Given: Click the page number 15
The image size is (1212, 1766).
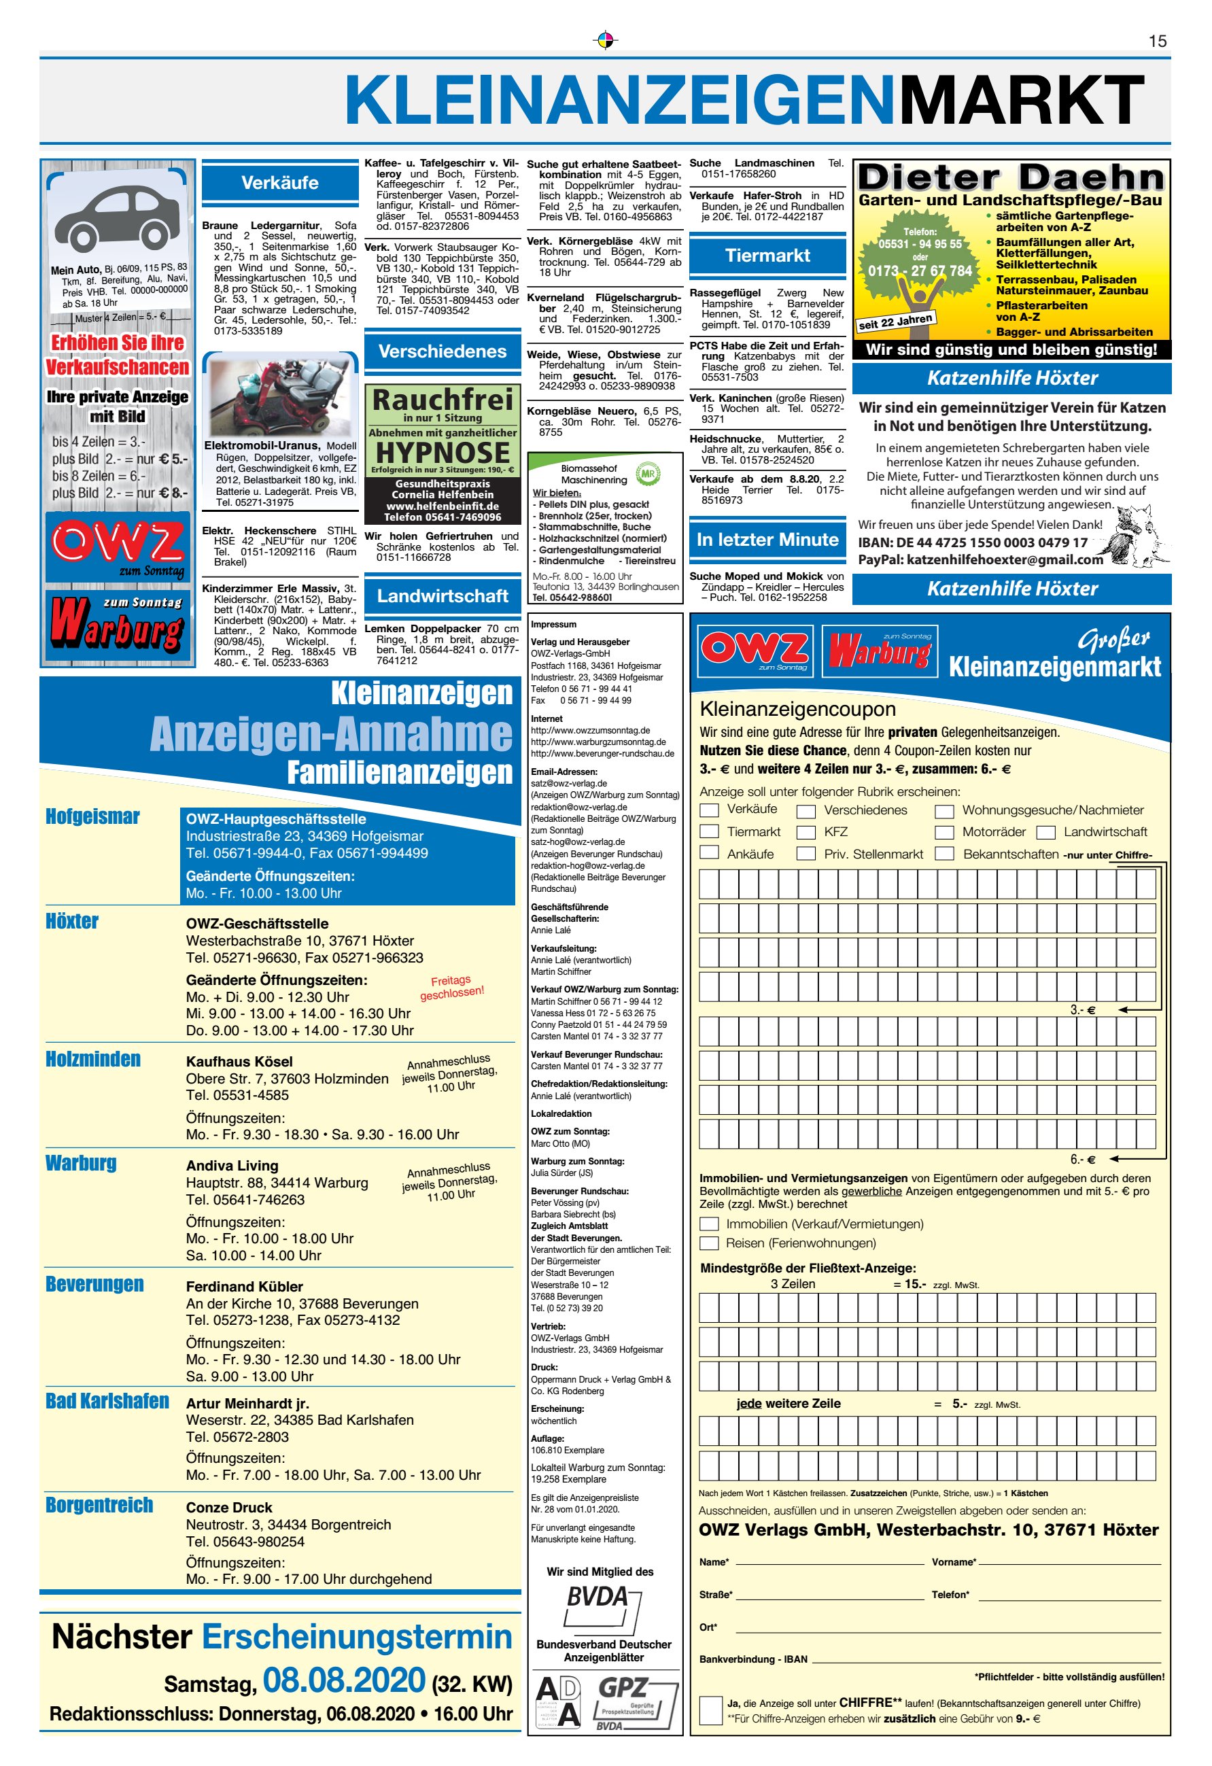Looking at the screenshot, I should click(x=1158, y=41).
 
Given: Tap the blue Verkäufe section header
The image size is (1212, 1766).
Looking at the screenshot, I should click(x=279, y=183).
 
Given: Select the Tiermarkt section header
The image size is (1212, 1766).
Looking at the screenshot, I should click(x=767, y=256).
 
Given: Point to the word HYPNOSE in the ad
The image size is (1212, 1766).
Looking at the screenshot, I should click(x=443, y=453).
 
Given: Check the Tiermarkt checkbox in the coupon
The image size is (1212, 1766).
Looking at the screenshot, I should click(x=709, y=831).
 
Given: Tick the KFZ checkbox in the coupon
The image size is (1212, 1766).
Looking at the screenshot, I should click(x=806, y=832).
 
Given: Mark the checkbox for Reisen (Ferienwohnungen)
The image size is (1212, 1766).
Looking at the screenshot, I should click(x=709, y=1243).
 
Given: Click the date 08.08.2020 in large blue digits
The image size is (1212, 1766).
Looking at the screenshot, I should click(x=344, y=1680).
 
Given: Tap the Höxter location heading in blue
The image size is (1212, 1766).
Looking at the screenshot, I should click(x=72, y=922).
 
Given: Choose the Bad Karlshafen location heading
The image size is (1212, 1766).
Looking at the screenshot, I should click(x=107, y=1401).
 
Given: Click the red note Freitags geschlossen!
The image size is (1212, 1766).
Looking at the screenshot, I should click(x=451, y=987).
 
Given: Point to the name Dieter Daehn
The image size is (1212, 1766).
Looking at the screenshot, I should click(x=1011, y=179).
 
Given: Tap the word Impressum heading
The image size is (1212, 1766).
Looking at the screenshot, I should click(x=553, y=625).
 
